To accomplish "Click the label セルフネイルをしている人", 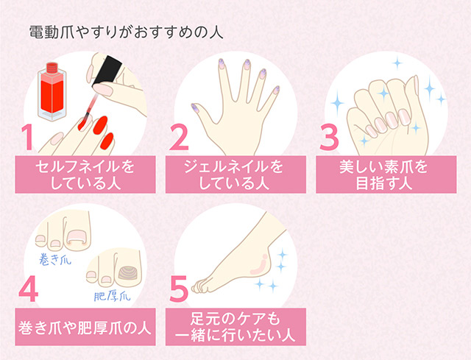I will [x=85, y=174].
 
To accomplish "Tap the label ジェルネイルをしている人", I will [x=235, y=174].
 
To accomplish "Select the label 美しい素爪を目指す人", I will [x=385, y=174].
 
